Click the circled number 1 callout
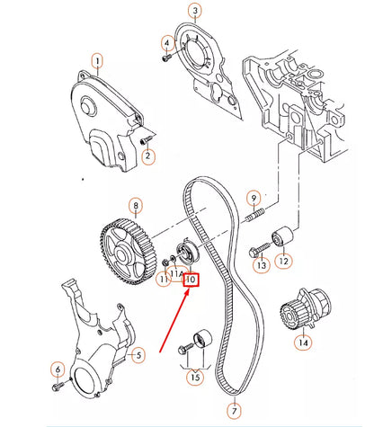(x=96, y=62)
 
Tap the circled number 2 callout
(x=148, y=156)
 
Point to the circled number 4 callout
(x=167, y=43)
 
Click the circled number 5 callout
(x=138, y=357)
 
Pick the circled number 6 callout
(x=58, y=369)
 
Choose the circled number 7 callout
(x=235, y=411)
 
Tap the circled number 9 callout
(x=254, y=198)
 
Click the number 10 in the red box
(x=191, y=280)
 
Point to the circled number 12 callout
(x=284, y=262)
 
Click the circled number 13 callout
(x=261, y=266)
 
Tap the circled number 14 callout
(x=303, y=342)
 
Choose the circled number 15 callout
(x=195, y=378)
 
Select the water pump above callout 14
(x=296, y=315)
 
